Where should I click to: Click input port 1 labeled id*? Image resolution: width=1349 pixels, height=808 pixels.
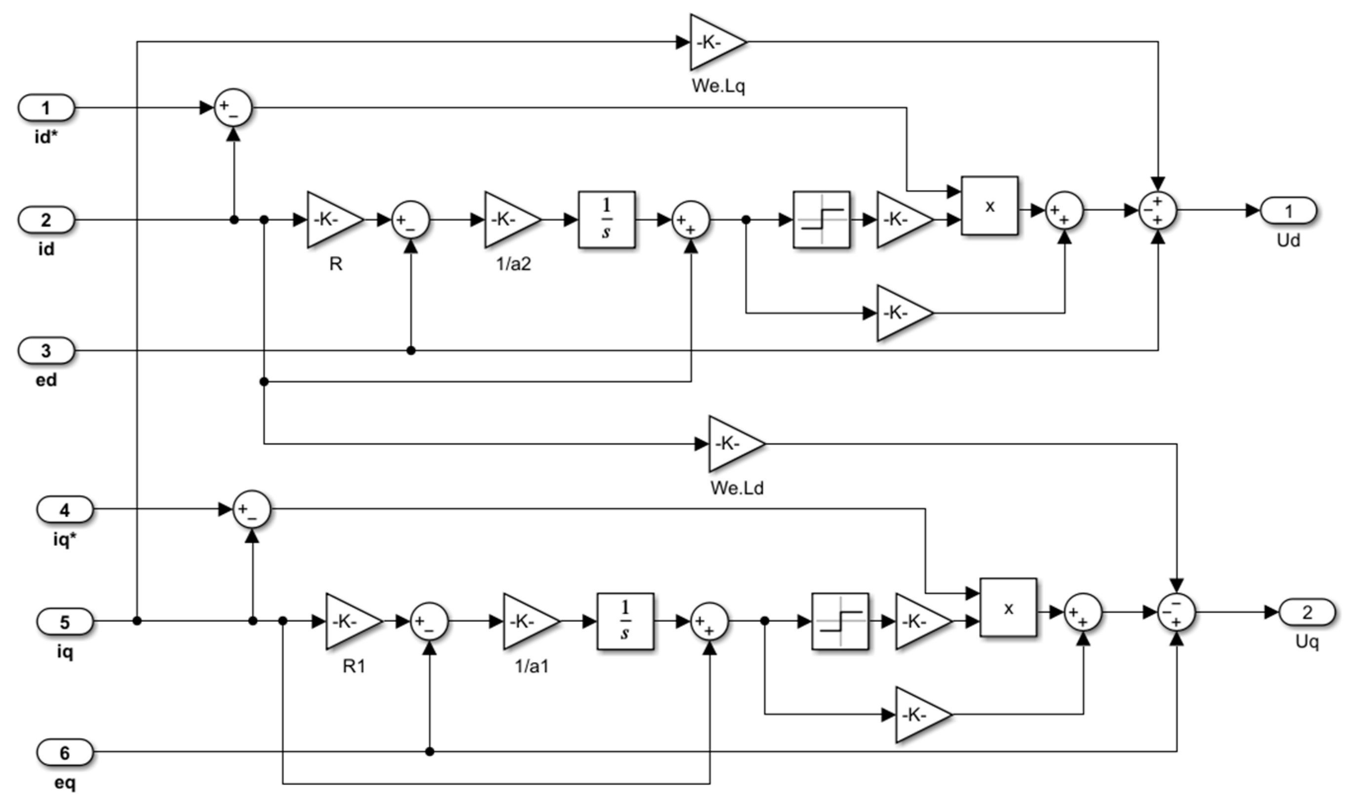pos(46,108)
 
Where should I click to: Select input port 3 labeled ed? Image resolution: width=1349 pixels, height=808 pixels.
pos(46,351)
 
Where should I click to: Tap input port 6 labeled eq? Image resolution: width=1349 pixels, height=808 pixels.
pos(65,753)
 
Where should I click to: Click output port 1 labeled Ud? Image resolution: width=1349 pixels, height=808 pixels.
pos(1288,211)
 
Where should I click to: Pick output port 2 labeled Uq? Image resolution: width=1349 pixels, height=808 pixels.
pos(1307,612)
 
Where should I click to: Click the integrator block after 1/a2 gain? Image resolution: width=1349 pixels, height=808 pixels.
pos(607,220)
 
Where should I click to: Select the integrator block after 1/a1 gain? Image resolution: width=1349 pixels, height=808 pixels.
pos(625,622)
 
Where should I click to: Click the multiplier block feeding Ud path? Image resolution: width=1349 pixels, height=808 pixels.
pos(990,206)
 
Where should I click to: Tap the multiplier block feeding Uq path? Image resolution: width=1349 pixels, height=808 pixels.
pos(1008,607)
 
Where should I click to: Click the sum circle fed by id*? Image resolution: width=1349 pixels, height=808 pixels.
pos(233,108)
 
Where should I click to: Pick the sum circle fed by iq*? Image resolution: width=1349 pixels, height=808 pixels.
pos(251,510)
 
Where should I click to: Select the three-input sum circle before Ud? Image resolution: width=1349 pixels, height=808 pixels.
pos(1158,210)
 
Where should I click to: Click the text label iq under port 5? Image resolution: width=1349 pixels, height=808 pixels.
pos(65,652)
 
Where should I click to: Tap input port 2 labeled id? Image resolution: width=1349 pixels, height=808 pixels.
pos(46,220)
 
